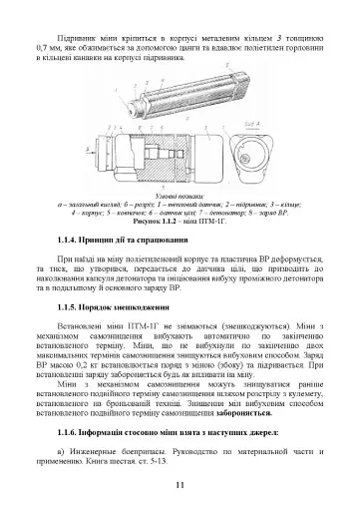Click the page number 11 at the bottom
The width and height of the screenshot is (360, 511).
(x=180, y=485)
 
